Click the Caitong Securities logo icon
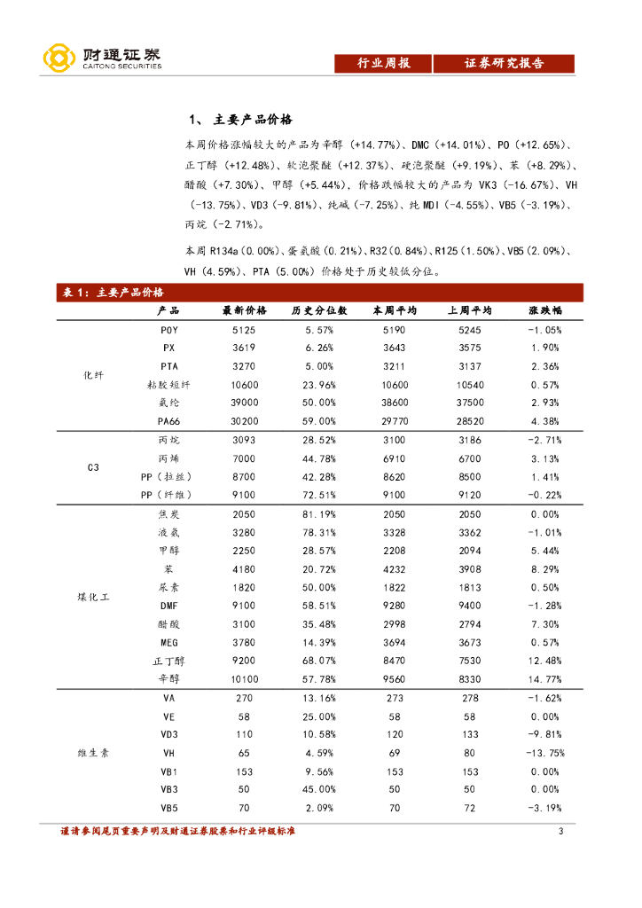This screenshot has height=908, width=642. pos(58,59)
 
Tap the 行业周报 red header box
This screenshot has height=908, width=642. pos(383,64)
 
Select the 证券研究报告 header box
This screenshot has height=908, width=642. pos(504,64)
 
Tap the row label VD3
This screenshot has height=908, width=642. pos(169,735)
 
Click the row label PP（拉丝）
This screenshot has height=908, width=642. pos(169,477)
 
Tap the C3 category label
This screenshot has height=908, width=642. pos(93,467)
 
